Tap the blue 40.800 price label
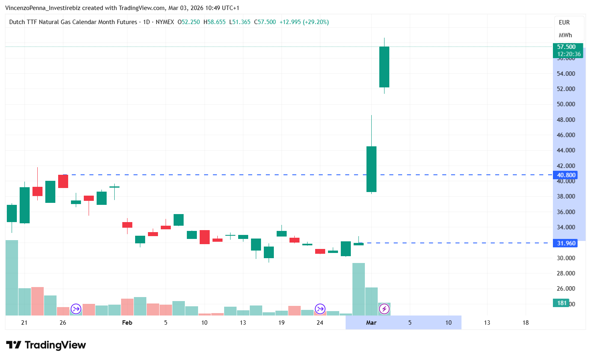tap(566, 175)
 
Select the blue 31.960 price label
tap(566, 243)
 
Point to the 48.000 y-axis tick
tap(566, 119)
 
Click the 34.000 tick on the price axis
tap(566, 227)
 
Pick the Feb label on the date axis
tap(127, 323)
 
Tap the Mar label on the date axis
tap(371, 323)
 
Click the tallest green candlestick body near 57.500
tap(384, 67)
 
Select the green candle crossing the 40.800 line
tap(371, 169)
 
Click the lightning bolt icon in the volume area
tap(384, 309)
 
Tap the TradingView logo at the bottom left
tap(46, 345)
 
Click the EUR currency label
tap(564, 22)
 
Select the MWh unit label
tap(565, 35)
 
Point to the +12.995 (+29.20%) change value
tap(304, 22)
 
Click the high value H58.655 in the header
tap(215, 22)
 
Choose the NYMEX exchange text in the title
tap(165, 22)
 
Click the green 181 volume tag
tap(562, 303)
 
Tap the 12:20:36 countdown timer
tap(569, 54)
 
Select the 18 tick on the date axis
tap(525, 323)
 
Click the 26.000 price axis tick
tap(566, 288)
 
